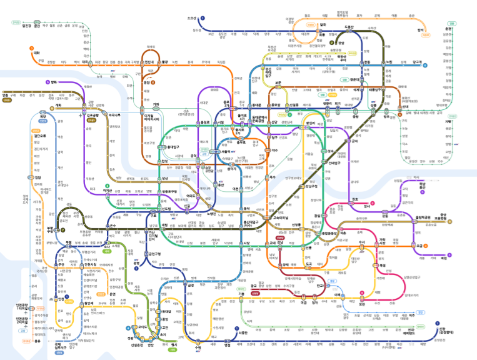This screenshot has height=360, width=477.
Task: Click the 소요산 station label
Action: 191,19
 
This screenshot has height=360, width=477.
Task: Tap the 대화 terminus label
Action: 36,53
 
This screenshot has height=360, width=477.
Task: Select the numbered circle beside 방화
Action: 47,82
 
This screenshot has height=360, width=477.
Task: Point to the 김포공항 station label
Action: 93,115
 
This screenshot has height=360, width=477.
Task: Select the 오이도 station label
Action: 143,327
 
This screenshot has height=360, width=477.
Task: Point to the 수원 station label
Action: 199,341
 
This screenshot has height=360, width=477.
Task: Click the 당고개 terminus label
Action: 417,62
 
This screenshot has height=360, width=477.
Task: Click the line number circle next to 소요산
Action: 203,19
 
